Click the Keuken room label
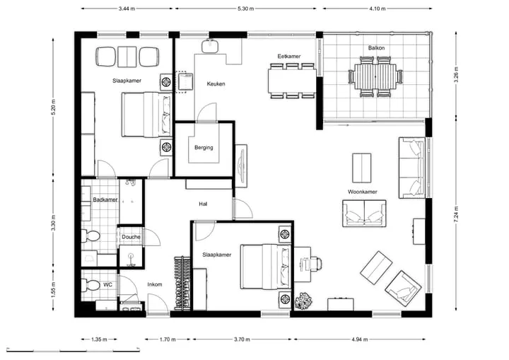[x=216, y=84]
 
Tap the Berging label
[x=204, y=148]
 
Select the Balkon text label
[x=376, y=48]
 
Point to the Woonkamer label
[x=363, y=192]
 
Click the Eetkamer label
[x=289, y=56]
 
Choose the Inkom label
[x=155, y=284]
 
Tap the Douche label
[x=131, y=237]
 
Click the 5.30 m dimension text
[x=246, y=8]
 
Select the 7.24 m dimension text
[x=456, y=214]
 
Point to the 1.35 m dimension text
[x=99, y=339]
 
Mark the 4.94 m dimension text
[x=360, y=339]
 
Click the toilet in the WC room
[x=90, y=285]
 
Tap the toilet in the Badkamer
[x=90, y=236]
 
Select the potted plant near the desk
[x=303, y=301]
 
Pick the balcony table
[x=375, y=76]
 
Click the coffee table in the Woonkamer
[x=362, y=168]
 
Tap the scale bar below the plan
[x=74, y=351]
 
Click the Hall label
[x=203, y=204]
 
